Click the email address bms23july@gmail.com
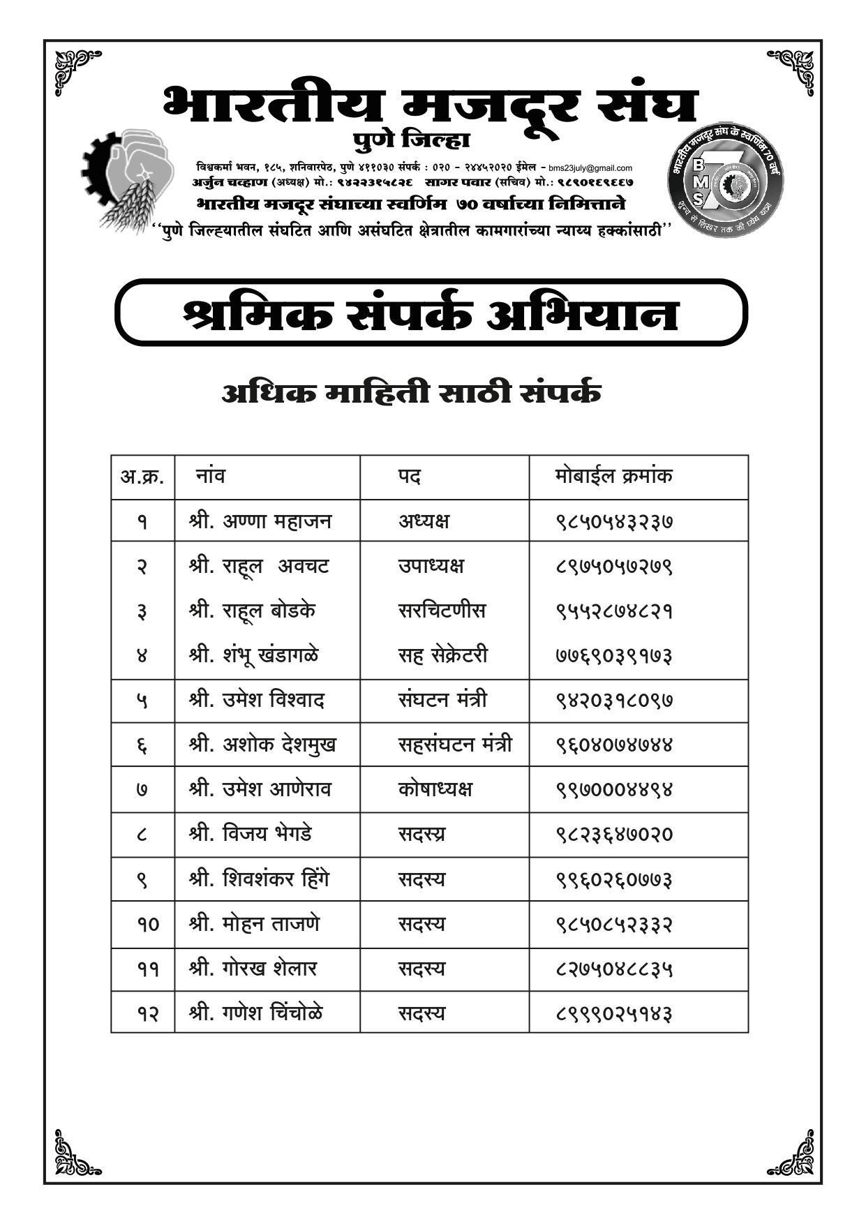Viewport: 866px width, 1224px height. click(x=590, y=168)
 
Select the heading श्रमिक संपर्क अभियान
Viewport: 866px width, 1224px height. click(x=431, y=313)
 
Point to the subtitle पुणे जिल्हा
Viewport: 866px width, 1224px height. click(x=412, y=140)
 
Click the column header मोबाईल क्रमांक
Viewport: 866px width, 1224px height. click(x=613, y=477)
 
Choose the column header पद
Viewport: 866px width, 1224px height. click(x=410, y=477)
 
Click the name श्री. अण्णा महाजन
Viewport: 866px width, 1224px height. click(x=260, y=521)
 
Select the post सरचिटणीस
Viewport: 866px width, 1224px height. click(x=442, y=611)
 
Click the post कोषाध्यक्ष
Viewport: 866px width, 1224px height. click(x=435, y=789)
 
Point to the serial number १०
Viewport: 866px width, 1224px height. click(x=147, y=925)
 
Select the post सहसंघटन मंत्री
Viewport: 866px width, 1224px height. click(x=455, y=745)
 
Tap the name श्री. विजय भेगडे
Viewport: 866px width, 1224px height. click(x=250, y=834)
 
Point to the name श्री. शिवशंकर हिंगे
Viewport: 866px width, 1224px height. click(x=258, y=879)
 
